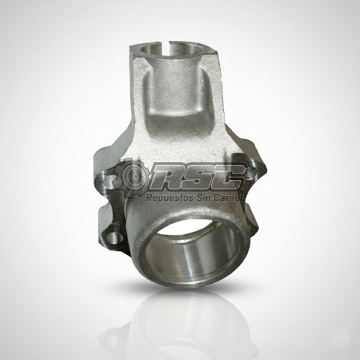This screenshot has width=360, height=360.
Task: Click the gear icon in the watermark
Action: point(131,179)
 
